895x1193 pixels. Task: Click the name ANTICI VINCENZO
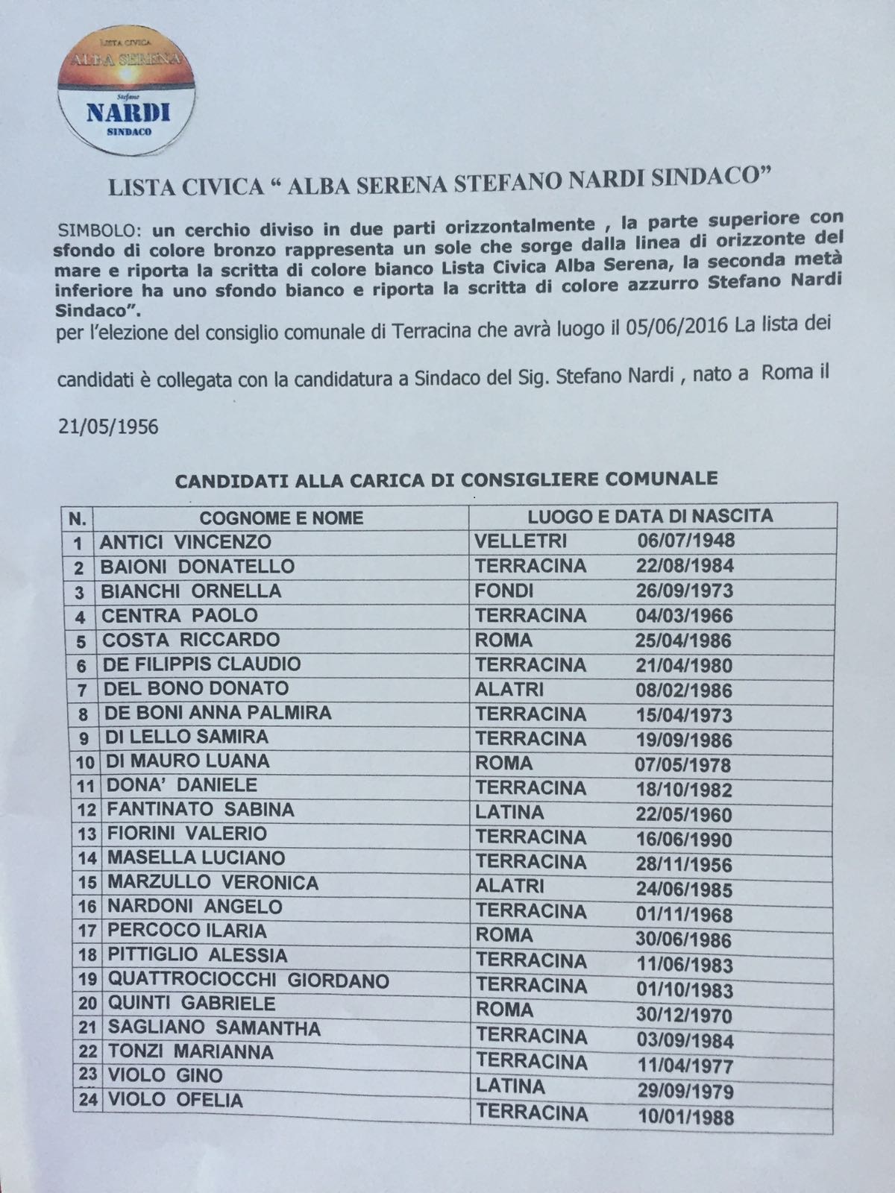coord(186,541)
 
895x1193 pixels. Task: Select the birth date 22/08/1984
coord(685,566)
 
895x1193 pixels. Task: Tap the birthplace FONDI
coord(504,591)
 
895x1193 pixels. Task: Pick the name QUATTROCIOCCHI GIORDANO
coord(248,980)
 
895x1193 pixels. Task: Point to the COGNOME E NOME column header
coord(281,517)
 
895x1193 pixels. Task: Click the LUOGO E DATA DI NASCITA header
coord(650,515)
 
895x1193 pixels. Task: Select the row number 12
coord(87,811)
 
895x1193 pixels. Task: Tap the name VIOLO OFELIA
coord(175,1100)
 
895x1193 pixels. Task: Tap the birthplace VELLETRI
coord(521,541)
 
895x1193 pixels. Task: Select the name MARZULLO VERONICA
coord(213,883)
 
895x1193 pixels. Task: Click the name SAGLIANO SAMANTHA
coord(214,1028)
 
